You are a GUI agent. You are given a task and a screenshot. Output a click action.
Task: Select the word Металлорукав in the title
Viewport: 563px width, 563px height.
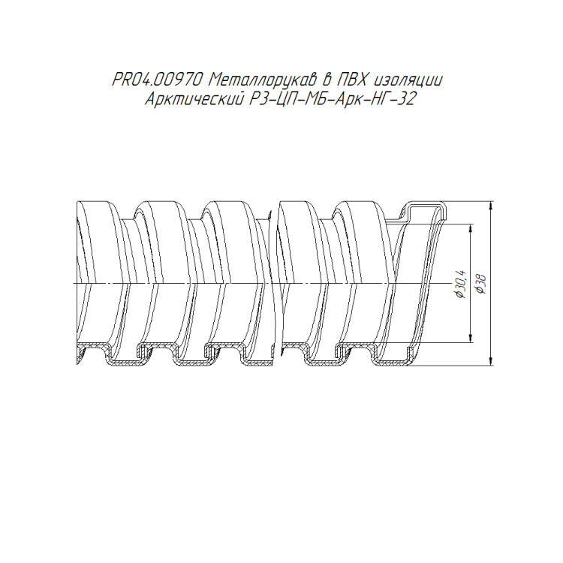[263, 80]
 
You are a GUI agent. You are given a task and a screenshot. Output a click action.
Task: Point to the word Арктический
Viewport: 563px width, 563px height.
[193, 99]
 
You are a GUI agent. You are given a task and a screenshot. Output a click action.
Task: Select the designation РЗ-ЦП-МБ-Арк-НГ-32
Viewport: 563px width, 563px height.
[331, 99]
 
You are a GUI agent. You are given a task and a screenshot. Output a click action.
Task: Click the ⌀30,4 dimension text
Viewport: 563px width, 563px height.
[460, 283]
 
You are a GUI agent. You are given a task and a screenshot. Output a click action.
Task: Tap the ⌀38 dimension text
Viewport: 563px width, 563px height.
[480, 284]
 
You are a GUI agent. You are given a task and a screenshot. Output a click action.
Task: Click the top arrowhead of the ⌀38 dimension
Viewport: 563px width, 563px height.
[491, 207]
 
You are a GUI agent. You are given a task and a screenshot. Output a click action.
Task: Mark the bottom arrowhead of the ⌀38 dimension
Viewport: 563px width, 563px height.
[491, 360]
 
